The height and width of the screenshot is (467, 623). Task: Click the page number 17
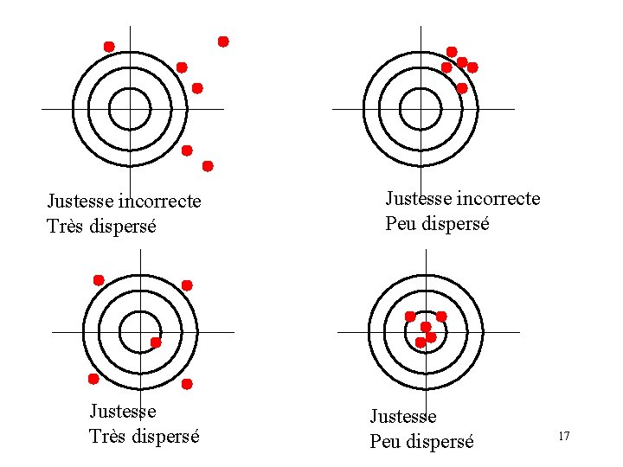point(563,436)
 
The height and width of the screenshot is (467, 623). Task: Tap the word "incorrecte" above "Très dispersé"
point(159,202)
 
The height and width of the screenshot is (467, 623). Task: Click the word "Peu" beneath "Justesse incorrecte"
point(402,223)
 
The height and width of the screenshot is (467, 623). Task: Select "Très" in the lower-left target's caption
point(109,436)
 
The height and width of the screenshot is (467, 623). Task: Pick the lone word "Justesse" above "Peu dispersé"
point(403,418)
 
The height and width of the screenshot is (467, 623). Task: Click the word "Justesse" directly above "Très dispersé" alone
point(123,412)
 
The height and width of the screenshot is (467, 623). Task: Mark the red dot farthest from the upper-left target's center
point(223,42)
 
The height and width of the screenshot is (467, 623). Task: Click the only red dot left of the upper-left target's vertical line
point(109,46)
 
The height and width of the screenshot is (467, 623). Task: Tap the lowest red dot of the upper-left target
point(208,165)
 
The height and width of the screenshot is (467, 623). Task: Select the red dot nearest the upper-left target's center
point(197,88)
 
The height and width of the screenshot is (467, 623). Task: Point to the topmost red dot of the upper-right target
point(452,52)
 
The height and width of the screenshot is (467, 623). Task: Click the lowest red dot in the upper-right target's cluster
point(462,88)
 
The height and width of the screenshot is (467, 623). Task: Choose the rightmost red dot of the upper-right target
point(472,67)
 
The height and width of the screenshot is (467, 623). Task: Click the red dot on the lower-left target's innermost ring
point(156,342)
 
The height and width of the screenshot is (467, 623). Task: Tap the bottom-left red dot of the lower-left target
point(93,379)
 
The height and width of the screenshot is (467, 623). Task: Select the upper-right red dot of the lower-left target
point(187,285)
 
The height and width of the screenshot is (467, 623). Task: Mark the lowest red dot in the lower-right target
point(421,342)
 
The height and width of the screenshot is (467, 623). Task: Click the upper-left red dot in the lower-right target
point(410,317)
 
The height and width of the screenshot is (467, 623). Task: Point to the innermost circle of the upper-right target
point(421,109)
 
